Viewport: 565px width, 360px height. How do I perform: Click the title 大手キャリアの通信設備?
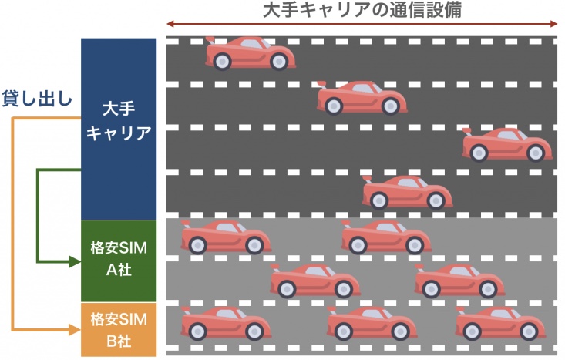pyautogui.click(x=362, y=9)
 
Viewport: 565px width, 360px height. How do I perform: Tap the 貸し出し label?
pyautogui.click(x=37, y=98)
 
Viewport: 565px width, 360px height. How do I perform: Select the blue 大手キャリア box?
pyautogui.click(x=119, y=129)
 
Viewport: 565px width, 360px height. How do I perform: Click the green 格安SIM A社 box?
pyautogui.click(x=119, y=261)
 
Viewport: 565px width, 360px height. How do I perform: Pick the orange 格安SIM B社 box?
pyautogui.click(x=119, y=330)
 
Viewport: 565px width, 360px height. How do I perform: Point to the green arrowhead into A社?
pyautogui.click(x=75, y=261)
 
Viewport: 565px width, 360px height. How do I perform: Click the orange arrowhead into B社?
pyautogui.click(x=75, y=329)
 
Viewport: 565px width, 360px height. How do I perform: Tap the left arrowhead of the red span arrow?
pyautogui.click(x=170, y=24)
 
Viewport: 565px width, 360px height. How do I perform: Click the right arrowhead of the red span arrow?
pyautogui.click(x=553, y=24)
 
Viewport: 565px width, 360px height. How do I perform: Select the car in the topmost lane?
pyautogui.click(x=251, y=53)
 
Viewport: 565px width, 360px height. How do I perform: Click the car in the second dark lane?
pyautogui.click(x=362, y=98)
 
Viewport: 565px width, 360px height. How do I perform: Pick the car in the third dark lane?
pyautogui.click(x=507, y=144)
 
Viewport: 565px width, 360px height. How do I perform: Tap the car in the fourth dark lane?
pyautogui.click(x=408, y=193)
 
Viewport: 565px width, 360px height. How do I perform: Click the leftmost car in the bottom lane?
pyautogui.click(x=226, y=323)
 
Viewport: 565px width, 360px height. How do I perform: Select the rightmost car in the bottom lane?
pyautogui.click(x=500, y=323)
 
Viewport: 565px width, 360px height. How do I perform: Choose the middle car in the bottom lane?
pyautogui.click(x=372, y=323)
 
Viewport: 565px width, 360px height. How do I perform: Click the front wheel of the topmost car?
pyautogui.click(x=279, y=62)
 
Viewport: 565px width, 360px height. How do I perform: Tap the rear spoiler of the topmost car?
pyautogui.click(x=210, y=40)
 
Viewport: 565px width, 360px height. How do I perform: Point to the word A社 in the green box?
pyautogui.click(x=119, y=270)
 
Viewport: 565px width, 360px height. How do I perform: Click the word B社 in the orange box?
pyautogui.click(x=119, y=341)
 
